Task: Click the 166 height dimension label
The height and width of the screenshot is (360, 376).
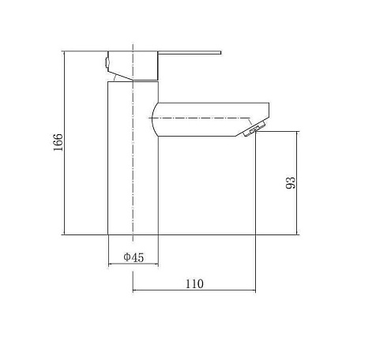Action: click(x=58, y=142)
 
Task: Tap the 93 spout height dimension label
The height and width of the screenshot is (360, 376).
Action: click(x=291, y=183)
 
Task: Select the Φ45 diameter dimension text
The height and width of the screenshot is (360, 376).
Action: click(x=133, y=257)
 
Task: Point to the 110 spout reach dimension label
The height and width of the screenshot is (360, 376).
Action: click(x=194, y=284)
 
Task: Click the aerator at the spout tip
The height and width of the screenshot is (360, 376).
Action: click(x=254, y=129)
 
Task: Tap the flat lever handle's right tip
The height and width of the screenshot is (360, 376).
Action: click(x=220, y=53)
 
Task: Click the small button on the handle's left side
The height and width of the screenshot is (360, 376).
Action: click(x=107, y=62)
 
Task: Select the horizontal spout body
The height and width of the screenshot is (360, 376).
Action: click(x=211, y=119)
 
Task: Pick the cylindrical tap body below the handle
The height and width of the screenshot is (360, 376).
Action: click(x=133, y=158)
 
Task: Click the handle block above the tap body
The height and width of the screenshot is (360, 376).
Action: click(x=133, y=66)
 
